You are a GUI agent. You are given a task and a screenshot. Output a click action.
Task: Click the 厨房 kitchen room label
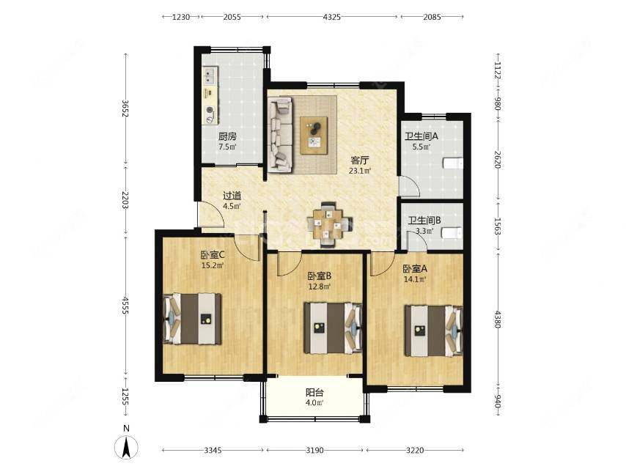pos(227,136)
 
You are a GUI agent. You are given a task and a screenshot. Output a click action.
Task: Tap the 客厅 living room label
pos(360,160)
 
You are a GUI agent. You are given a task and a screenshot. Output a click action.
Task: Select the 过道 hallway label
pos(232,196)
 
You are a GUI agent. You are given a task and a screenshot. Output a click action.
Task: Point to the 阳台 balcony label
pos(314,392)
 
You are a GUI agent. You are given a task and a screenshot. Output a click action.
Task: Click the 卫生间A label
pos(421,136)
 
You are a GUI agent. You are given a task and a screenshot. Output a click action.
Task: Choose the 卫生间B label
pos(424,221)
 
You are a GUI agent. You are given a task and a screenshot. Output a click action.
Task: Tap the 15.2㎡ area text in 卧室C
pos(213,265)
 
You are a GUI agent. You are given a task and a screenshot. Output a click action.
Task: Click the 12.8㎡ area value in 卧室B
pos(320,287)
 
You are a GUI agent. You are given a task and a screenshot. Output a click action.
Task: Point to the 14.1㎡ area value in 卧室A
pos(415,279)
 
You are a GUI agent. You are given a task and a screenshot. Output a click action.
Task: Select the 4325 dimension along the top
pos(332,17)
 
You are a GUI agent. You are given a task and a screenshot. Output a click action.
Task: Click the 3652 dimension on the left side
pos(126,108)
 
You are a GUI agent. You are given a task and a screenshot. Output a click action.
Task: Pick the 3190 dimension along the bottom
pos(314,450)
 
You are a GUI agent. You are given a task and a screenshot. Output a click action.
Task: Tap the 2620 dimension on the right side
pos(498,160)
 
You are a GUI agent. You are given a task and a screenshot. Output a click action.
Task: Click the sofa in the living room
pos(280,136)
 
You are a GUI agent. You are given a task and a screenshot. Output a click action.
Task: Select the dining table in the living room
pos(329,226)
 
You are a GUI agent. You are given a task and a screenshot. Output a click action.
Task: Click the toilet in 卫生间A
pos(453,163)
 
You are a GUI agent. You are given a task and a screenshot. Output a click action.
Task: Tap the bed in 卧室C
pos(193,319)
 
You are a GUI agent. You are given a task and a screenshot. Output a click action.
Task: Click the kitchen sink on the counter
pos(210,75)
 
